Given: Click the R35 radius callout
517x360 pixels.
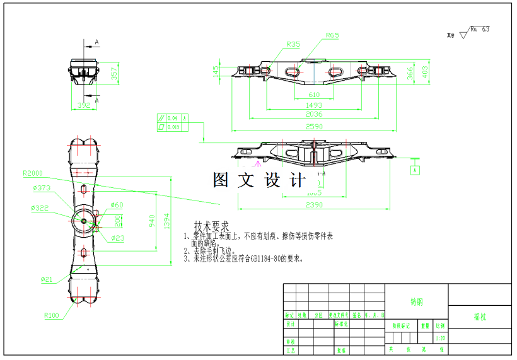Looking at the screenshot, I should pos(293,44).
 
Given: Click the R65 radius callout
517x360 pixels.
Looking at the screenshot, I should pos(332,35).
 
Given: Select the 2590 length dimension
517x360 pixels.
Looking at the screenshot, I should pos(313,126).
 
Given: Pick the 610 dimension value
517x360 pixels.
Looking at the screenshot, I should pos(313,95).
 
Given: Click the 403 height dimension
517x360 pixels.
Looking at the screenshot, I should pos(424,73).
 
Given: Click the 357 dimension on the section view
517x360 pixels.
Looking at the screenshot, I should pos(114,73).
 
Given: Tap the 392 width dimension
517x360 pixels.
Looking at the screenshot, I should pos(83,105).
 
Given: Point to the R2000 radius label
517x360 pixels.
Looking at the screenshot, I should pos(32,173).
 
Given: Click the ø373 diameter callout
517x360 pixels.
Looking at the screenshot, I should pos(41,188).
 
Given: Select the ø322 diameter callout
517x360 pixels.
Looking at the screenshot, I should pos(40,207).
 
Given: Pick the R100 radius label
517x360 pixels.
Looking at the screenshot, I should pos(51,315).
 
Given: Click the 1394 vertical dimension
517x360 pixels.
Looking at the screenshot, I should pos(167,220).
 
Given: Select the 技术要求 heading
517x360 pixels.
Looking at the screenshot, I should pos(211,226).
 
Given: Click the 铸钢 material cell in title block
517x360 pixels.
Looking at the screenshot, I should pos(416,302).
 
